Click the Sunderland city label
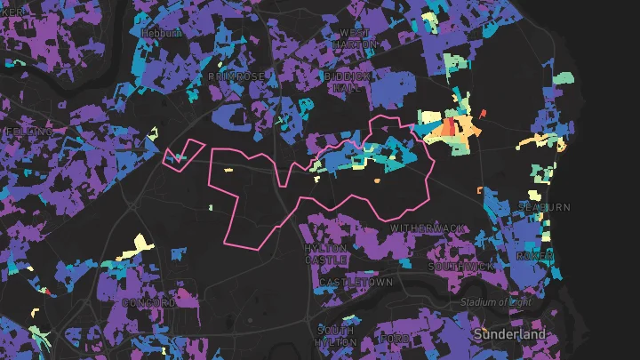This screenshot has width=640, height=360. click(510, 333)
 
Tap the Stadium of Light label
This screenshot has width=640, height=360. click(495, 302)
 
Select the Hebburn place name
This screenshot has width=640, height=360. click(161, 33)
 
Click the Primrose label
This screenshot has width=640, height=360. click(236, 77)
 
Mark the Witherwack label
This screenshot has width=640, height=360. click(428, 229)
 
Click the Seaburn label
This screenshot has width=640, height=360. click(544, 207)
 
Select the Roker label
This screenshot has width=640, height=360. click(534, 256)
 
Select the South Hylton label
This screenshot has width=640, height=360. click(336, 336)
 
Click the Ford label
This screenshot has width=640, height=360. click(394, 339)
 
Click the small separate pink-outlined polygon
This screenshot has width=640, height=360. click(183, 153)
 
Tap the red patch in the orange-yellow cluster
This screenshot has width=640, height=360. click(450, 127)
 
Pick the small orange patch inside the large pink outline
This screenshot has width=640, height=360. click(377, 180)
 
